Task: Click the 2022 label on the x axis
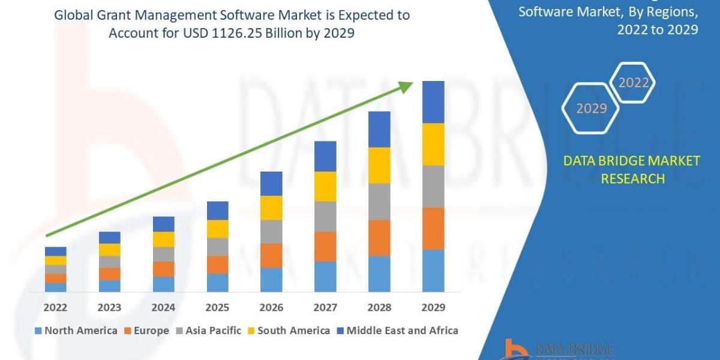coord(55,307)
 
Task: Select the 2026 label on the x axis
coord(271,307)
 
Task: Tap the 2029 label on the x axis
coord(433,307)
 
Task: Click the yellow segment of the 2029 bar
coord(433,144)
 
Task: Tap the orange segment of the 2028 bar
coord(379,238)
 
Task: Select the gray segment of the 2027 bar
coord(325,216)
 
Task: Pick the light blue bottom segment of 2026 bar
coord(271,280)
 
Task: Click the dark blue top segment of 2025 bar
coord(217,210)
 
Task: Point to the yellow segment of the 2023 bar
coord(109,250)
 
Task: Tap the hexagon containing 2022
coord(633,83)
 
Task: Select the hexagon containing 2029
coord(592,109)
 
